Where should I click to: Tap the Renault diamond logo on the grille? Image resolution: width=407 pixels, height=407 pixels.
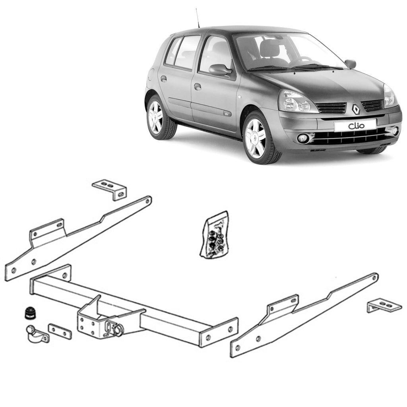[355, 108]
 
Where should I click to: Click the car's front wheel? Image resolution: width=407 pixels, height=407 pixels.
[256, 138]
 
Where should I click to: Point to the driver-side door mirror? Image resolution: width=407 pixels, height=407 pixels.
[220, 70]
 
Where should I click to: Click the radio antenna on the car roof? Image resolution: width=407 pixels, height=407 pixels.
[197, 18]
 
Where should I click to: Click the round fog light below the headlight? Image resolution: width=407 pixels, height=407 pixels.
[303, 138]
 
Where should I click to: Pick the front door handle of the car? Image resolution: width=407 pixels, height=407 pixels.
[198, 86]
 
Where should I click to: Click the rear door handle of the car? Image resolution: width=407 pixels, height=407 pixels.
[163, 78]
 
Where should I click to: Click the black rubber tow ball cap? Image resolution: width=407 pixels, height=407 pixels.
[30, 312]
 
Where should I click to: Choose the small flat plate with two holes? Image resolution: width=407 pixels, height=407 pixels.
[60, 331]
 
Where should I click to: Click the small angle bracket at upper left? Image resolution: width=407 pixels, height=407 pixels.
[110, 188]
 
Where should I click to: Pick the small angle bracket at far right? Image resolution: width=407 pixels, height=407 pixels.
[384, 306]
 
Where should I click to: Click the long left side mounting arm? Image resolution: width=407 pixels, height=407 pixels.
[76, 238]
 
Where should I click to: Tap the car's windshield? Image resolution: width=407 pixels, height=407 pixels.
[286, 52]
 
